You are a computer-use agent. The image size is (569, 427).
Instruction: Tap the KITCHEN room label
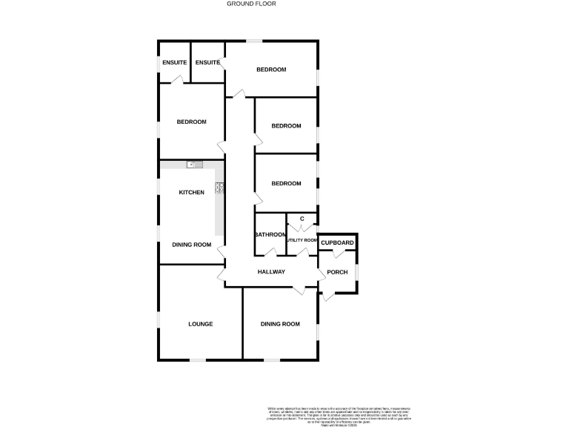click(x=191, y=193)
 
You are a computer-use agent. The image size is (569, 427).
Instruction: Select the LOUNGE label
click(x=201, y=324)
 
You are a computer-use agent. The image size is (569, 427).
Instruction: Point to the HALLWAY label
click(x=271, y=272)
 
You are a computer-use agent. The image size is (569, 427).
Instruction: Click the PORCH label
click(x=337, y=272)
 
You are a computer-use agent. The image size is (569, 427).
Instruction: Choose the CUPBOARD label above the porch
click(x=337, y=243)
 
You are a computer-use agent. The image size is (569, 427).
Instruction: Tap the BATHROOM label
click(x=270, y=235)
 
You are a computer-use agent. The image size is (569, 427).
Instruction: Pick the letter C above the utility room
click(x=302, y=219)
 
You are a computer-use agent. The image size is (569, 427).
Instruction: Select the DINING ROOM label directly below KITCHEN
click(x=192, y=245)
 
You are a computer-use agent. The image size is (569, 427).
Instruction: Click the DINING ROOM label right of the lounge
click(x=281, y=324)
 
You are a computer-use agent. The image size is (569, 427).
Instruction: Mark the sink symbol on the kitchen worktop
click(x=190, y=164)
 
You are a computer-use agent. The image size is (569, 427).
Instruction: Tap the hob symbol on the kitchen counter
click(x=219, y=188)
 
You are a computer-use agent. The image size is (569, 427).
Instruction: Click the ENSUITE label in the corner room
click(x=174, y=62)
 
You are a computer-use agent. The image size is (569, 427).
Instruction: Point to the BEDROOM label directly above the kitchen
click(x=191, y=122)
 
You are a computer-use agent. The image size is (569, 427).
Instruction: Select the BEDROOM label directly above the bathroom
click(x=286, y=183)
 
